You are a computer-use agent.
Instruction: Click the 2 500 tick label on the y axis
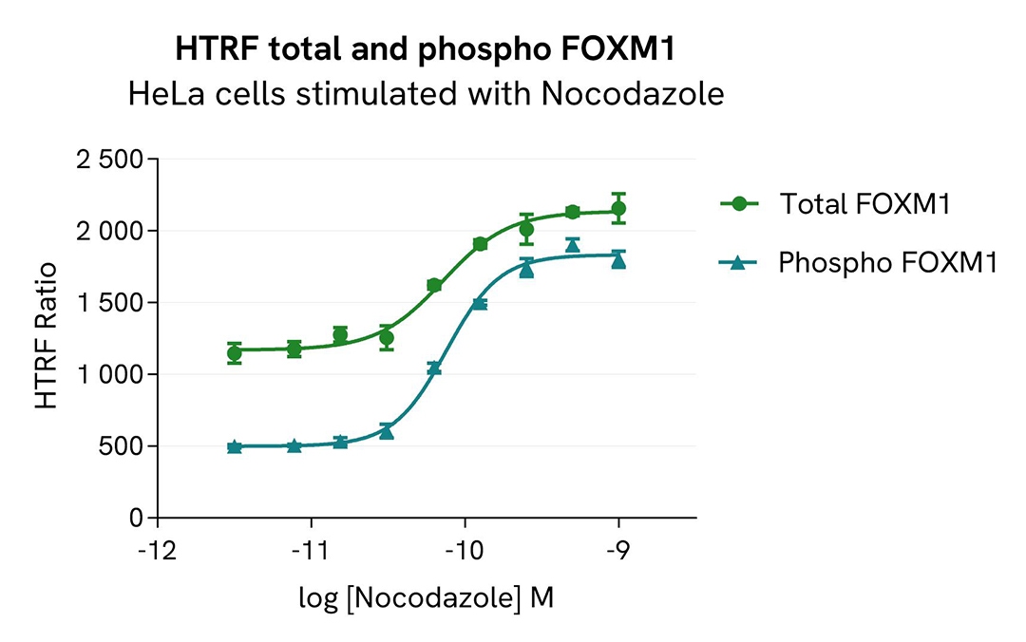(x=108, y=160)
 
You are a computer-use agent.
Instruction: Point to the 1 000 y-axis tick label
(x=108, y=375)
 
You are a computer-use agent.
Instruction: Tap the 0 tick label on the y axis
(x=136, y=519)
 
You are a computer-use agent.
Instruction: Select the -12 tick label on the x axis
(x=157, y=553)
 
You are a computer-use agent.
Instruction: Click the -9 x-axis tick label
(x=618, y=553)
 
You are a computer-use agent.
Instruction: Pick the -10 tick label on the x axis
(x=465, y=553)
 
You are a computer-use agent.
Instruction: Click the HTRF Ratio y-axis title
(x=46, y=339)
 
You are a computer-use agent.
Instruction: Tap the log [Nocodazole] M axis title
(x=426, y=599)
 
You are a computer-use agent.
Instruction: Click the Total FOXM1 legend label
(x=864, y=203)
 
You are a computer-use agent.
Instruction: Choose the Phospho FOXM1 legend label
(x=887, y=263)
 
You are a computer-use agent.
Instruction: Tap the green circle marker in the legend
(x=741, y=203)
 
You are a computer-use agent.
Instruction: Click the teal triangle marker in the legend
(x=741, y=263)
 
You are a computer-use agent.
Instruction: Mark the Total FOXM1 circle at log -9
(x=618, y=209)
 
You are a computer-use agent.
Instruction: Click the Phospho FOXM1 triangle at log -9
(x=618, y=259)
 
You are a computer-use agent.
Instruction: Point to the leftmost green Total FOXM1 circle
(x=235, y=353)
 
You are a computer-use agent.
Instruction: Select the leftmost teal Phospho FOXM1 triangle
(x=235, y=446)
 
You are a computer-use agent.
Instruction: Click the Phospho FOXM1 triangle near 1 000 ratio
(x=434, y=368)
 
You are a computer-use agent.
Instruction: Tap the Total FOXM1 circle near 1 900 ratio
(x=480, y=244)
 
